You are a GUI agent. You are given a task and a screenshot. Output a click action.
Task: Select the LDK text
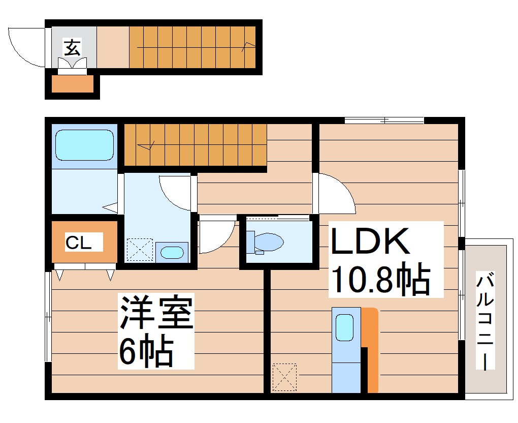pos(370,243)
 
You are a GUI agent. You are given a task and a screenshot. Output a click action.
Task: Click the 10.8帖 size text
pos(380,279)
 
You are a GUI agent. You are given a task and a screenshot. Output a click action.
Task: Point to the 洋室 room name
pos(156,312)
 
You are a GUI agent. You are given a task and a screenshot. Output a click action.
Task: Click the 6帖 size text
pos(146,351)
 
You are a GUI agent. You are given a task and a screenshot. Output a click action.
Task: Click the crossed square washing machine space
pos(139,250)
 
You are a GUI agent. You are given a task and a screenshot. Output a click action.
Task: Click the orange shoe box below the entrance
pos(73,84)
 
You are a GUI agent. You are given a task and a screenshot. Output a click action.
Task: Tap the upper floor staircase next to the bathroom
pos(196,144)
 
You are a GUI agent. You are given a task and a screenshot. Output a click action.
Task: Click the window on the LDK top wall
pos(383,120)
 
